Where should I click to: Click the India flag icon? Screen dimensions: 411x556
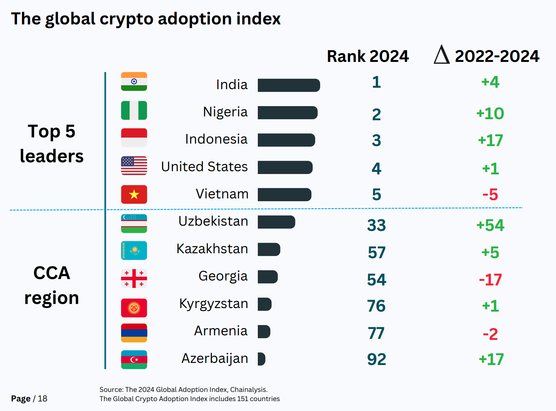coord(134,82)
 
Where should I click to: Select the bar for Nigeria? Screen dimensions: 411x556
coord(287,112)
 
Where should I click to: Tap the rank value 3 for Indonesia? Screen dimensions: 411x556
coord(376,140)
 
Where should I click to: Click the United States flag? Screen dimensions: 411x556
coord(134,166)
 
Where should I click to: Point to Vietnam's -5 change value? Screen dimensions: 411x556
coord(490,195)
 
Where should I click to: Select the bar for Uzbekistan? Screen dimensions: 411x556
coord(276,222)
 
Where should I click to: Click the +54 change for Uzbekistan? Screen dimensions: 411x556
coord(490,225)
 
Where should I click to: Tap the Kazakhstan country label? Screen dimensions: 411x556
coord(212,249)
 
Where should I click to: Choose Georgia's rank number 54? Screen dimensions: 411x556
coord(376,280)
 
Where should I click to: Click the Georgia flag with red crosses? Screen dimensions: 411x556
coord(134,278)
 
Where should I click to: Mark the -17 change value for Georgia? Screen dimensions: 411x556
coord(490,280)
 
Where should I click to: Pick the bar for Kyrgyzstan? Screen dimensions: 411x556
coord(264,304)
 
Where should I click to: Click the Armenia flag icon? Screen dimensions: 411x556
coord(134,333)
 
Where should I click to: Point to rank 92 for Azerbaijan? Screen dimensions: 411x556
coord(376,359)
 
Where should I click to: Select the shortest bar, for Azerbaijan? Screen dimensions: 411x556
coord(261,359)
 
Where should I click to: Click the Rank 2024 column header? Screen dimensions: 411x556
coord(368,56)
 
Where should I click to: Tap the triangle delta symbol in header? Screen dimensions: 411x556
coord(441,55)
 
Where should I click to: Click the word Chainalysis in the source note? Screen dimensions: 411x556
coord(248,389)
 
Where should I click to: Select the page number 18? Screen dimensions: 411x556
coord(42,399)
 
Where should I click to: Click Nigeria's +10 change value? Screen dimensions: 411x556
coord(490,114)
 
